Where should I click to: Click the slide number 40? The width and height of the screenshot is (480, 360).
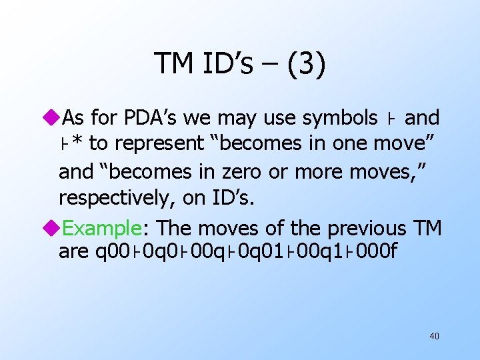tap(434, 336)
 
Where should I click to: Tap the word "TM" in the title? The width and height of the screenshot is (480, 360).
tap(174, 63)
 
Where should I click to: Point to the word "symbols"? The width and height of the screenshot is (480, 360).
tap(339, 118)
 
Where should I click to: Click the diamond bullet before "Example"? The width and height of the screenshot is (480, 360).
tap(54, 228)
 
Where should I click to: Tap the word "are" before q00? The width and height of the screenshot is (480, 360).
tap(70, 253)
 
